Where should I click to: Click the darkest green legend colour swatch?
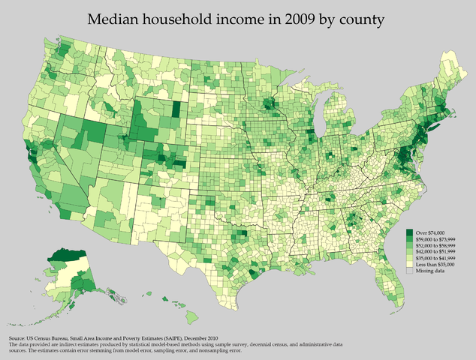click(x=410, y=233)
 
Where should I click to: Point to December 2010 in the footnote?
click(x=227, y=338)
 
